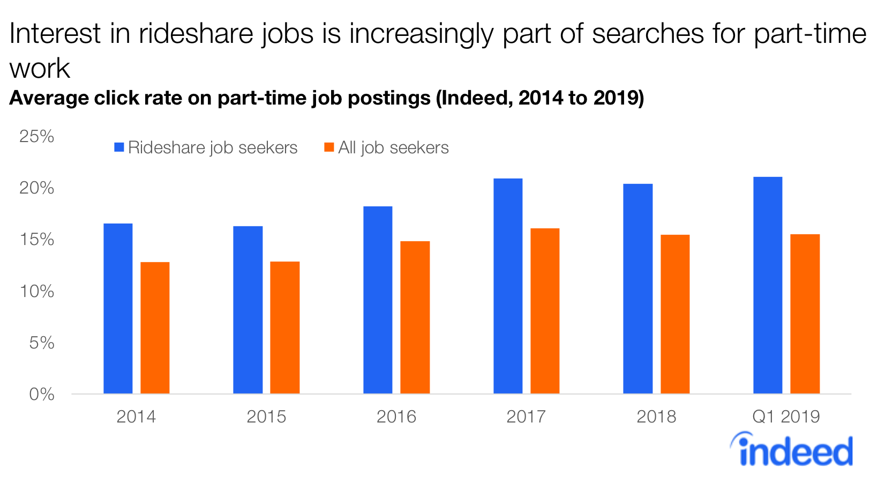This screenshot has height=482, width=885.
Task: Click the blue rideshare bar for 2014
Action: coord(118,308)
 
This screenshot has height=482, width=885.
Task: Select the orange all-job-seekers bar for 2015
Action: coord(284,328)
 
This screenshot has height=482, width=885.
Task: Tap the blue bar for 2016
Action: coord(378,300)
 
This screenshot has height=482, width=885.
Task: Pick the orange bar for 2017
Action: coord(545,311)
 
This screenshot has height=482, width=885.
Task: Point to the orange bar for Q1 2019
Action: coord(805,314)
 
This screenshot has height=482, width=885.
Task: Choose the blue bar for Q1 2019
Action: coord(768,285)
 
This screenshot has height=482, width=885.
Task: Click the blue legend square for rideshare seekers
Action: coord(119,147)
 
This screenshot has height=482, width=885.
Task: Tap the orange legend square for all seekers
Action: coord(329,147)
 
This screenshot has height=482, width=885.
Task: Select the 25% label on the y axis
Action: coord(36,136)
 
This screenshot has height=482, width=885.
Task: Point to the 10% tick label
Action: coord(36,292)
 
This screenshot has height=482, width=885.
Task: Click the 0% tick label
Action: coord(41,395)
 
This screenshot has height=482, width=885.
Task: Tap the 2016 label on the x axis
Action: coord(396,417)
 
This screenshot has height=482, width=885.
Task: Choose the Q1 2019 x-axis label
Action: coord(786,417)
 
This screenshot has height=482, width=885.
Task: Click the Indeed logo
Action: coord(792,450)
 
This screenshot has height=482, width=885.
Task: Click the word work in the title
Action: coord(40,69)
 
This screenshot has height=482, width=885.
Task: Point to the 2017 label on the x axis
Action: coord(526,417)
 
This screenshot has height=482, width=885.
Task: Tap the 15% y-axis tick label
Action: coord(36,240)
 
